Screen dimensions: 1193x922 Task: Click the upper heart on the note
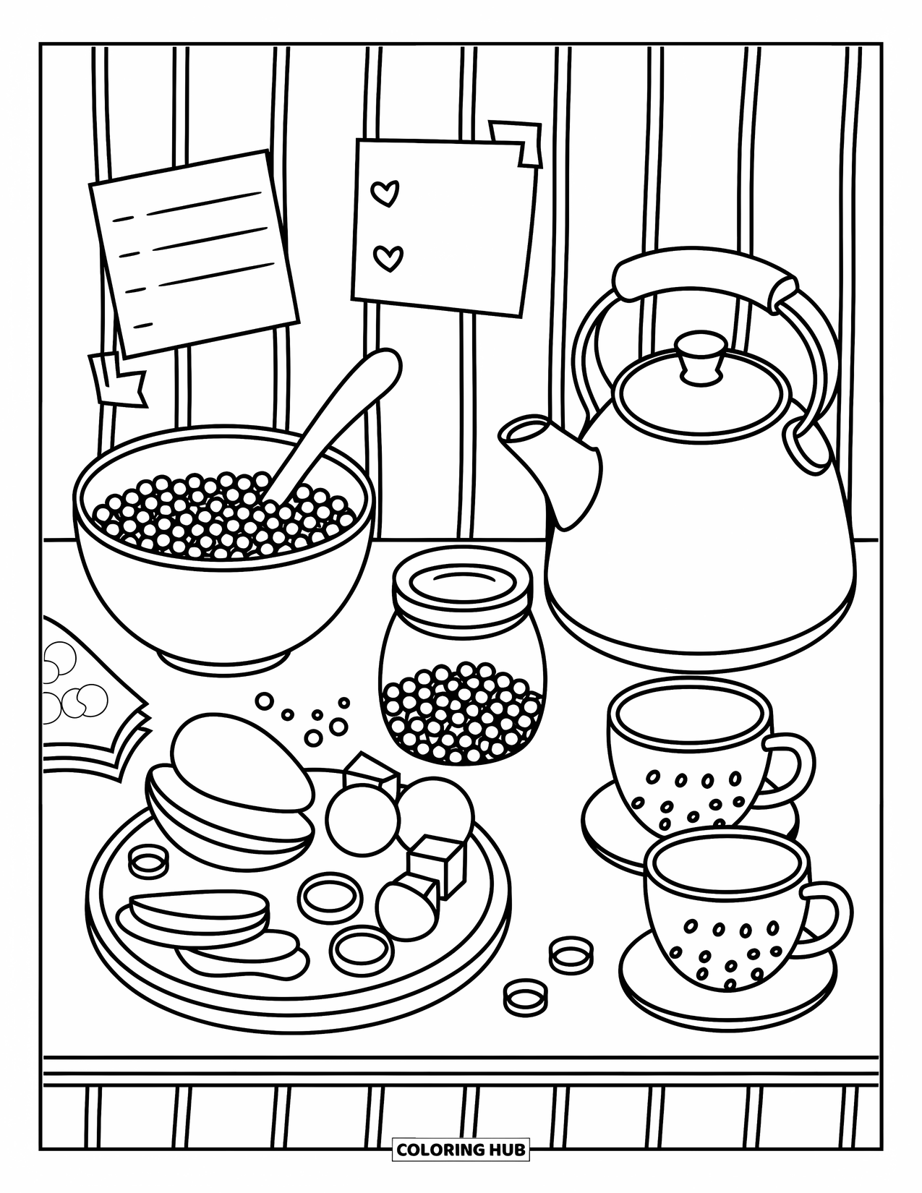385,193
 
